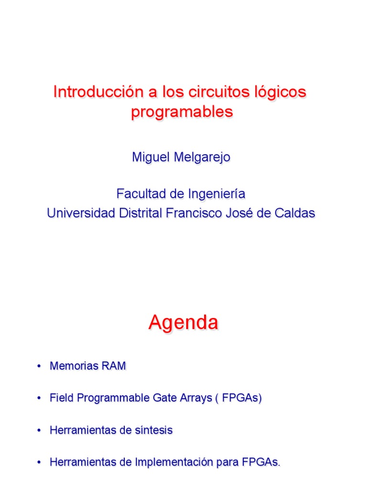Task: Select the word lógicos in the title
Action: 281,92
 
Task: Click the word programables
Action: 182,112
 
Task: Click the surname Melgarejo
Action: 203,158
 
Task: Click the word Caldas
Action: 295,213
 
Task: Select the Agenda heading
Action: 183,323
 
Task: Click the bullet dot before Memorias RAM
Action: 37,367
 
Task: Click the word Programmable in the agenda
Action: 111,398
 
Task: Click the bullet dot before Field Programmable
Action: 37,399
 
